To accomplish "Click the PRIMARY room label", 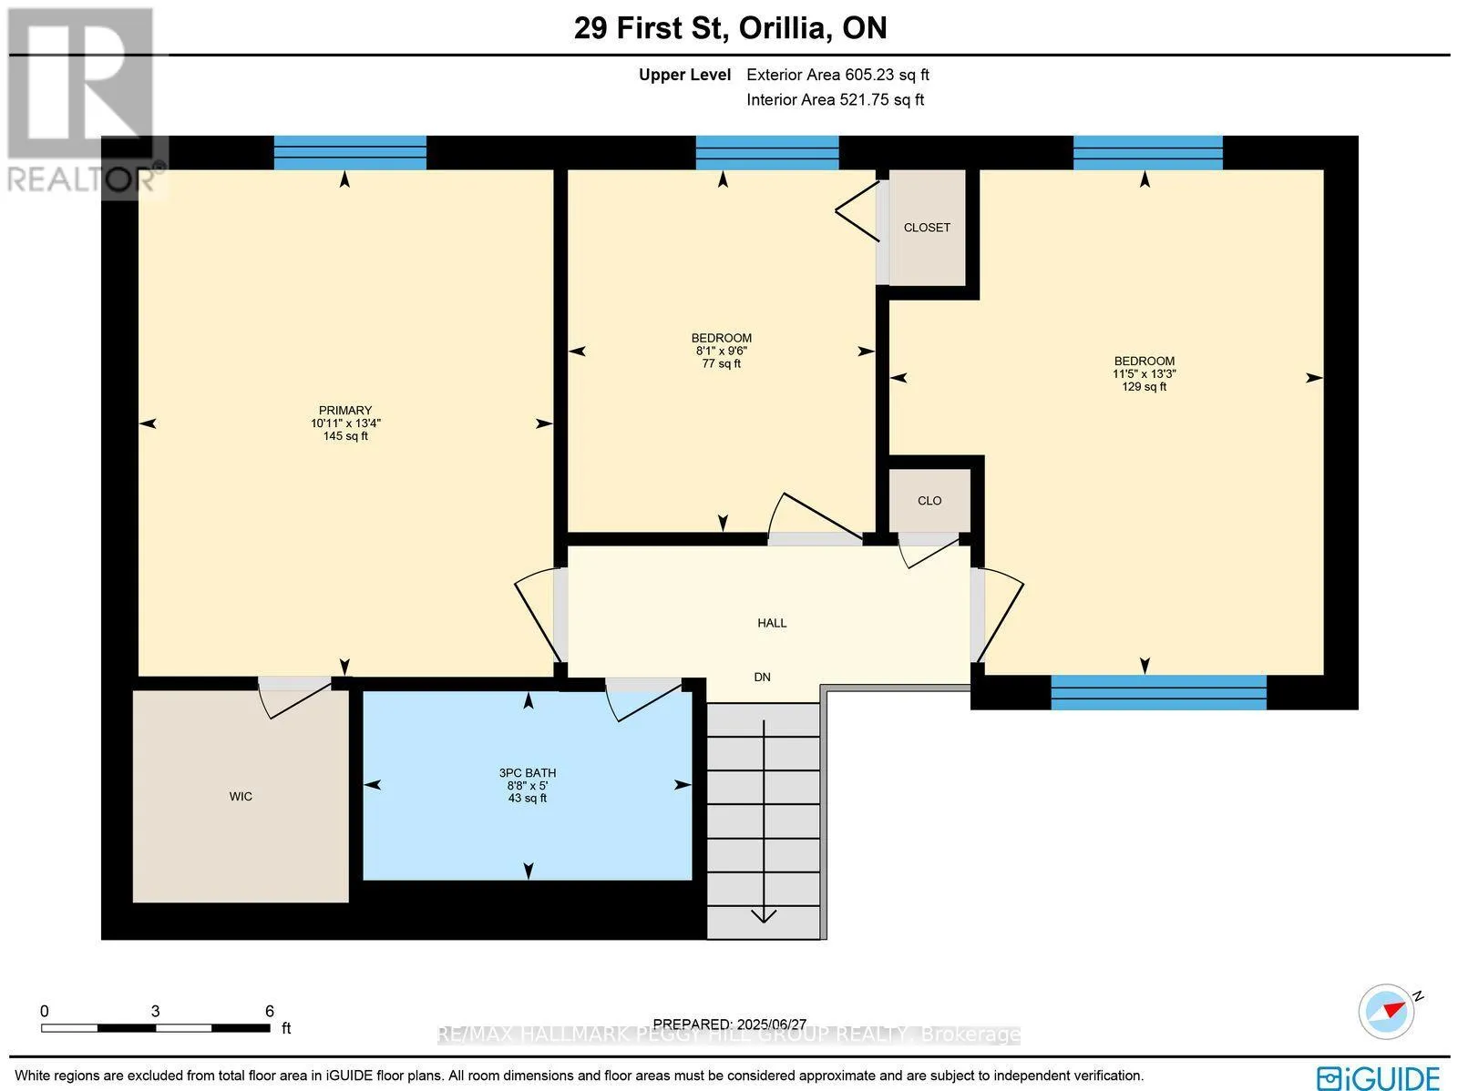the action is tap(345, 411).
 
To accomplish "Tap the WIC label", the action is tap(241, 796).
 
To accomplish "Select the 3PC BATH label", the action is tap(528, 773).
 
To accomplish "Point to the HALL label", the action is tap(772, 623).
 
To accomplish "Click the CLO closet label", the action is tap(929, 501).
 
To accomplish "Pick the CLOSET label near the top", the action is tap(927, 228).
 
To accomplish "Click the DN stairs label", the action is tap(762, 678).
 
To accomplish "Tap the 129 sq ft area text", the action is tap(1144, 387).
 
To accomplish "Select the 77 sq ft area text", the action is tap(722, 363).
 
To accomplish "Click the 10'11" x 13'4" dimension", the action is tap(345, 423).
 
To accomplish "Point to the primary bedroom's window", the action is tap(350, 153).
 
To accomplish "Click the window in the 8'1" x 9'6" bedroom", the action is tap(767, 153).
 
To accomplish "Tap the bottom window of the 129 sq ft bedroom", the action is tap(1158, 692).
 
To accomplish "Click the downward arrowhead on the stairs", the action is tap(764, 916).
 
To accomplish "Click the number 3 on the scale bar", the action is tap(156, 1012).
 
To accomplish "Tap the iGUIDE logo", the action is tap(1378, 1076).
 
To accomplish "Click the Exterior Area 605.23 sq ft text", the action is tap(837, 75).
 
